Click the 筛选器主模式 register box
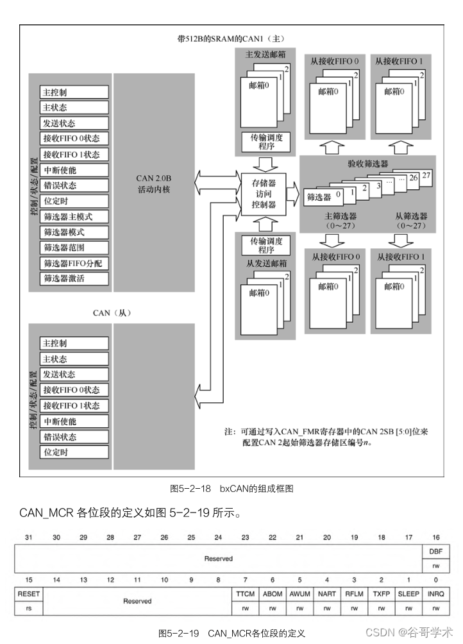[74, 217]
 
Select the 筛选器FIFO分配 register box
[74, 263]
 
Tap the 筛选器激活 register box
[74, 278]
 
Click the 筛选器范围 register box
[74, 248]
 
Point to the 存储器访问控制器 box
[263, 194]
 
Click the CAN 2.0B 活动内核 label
[153, 184]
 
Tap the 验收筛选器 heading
[367, 164]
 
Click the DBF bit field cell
[435, 552]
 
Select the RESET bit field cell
[28, 594]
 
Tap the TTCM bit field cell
[245, 594]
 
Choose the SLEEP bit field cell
[408, 594]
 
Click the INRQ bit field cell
[435, 594]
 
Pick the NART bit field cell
[326, 594]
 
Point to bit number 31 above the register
[28, 537]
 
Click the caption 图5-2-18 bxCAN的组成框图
[231, 489]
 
